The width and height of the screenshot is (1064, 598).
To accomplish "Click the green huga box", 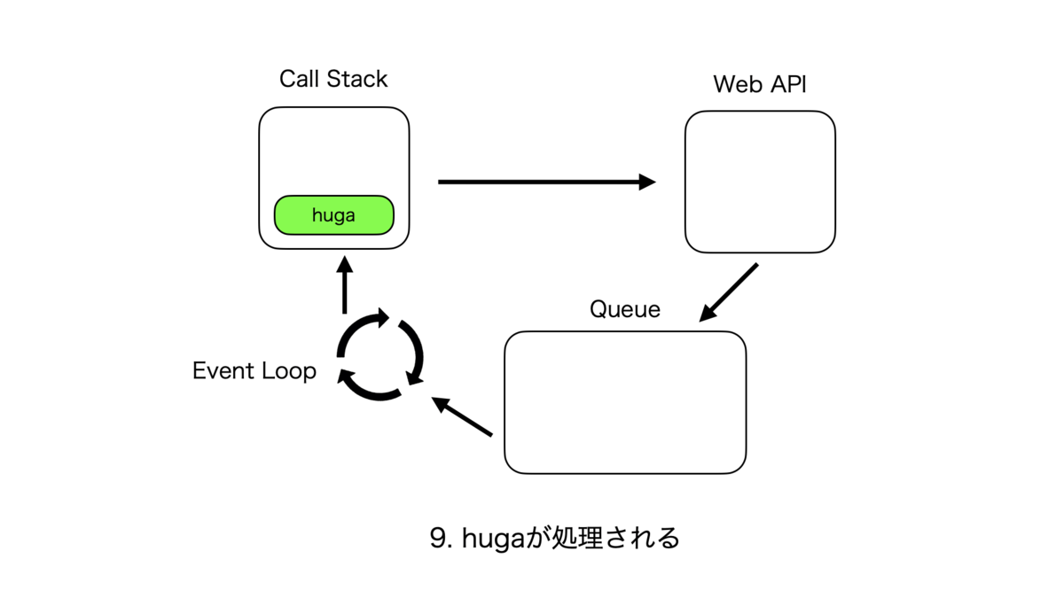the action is click(334, 215).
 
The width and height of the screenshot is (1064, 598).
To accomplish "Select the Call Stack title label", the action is click(333, 79).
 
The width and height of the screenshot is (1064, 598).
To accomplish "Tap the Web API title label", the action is click(760, 84).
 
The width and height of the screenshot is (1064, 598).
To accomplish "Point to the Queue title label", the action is click(625, 309).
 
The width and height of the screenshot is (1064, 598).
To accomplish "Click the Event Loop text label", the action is click(254, 370).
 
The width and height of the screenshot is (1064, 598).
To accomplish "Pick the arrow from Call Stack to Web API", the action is click(547, 182).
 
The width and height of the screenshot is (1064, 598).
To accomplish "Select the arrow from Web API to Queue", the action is click(729, 292).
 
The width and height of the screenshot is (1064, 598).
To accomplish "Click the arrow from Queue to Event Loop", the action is click(462, 416).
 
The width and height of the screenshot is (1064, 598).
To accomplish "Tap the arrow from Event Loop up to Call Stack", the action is click(344, 284).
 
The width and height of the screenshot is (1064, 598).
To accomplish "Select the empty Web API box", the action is click(760, 182).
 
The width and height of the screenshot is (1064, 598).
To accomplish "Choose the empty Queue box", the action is click(625, 402).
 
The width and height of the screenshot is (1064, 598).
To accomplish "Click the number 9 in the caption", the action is click(438, 539).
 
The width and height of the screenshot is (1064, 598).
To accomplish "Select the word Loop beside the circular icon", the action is click(289, 371).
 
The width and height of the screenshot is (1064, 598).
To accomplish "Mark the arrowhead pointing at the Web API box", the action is click(647, 182).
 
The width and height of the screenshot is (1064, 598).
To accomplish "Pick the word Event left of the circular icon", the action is click(223, 370).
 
